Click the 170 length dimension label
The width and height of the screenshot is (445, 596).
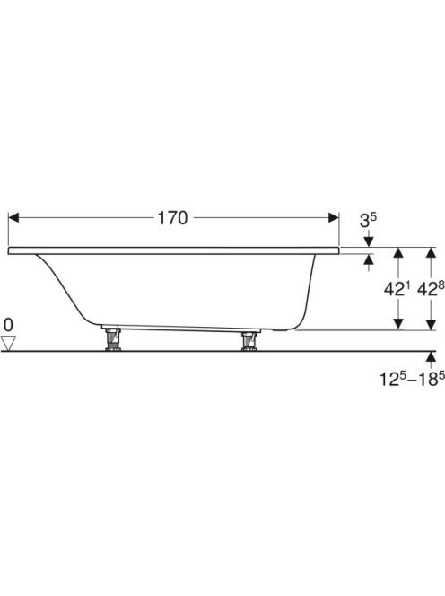coord(172,218)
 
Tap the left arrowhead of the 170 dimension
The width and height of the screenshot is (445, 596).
coord(13,218)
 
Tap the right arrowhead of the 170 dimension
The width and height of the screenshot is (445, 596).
coord(334,218)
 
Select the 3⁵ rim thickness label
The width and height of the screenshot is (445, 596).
coord(368,221)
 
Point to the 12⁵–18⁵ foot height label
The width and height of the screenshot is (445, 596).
coord(413,379)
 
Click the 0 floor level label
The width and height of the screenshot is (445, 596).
coord(8,325)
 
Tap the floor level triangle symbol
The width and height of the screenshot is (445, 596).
coord(8,343)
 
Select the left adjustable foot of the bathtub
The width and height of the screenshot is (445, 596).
coord(113,339)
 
